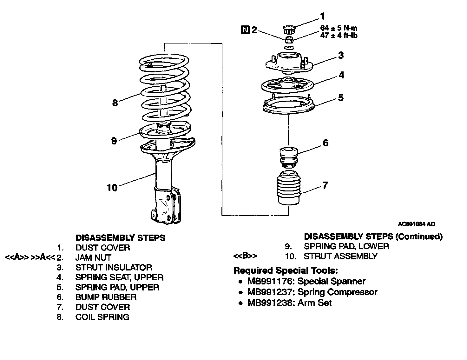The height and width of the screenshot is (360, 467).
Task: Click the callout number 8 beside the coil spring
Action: tap(115, 103)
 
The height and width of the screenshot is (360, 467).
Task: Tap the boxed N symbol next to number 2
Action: tap(245, 30)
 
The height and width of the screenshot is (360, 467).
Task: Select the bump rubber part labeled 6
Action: tap(288, 157)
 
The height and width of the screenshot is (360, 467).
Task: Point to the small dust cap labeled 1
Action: tap(289, 30)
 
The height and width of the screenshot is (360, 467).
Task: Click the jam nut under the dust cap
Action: tap(289, 40)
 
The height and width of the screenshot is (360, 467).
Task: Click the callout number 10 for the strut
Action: tap(112, 188)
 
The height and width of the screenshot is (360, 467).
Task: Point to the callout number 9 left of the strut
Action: tap(114, 141)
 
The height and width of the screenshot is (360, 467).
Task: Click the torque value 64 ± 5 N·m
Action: tap(339, 28)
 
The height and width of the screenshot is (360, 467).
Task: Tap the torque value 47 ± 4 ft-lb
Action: tap(339, 35)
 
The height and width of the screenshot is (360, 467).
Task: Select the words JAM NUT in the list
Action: tap(93, 257)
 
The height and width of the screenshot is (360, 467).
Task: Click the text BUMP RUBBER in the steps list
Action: tap(106, 297)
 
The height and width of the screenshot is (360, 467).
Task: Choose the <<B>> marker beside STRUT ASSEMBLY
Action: tap(245, 256)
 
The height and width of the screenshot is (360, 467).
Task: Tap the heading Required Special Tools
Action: tap(286, 271)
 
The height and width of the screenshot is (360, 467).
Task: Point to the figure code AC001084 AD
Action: tap(417, 224)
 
